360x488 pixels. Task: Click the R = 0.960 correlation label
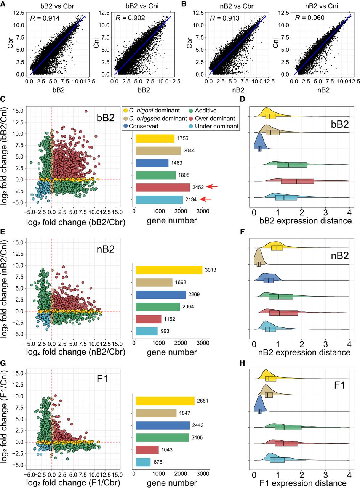pos(310,18)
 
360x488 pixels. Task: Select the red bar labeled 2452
pos(163,188)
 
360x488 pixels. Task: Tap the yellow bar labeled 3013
pos(169,270)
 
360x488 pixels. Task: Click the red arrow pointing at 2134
pos(205,199)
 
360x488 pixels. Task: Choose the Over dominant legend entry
pos(212,119)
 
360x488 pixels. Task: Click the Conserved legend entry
pos(141,126)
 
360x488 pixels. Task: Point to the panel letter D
pos(242,99)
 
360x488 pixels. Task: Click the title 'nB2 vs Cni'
pos(322,6)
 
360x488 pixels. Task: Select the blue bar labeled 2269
pos(161,295)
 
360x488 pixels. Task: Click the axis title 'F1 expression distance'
pos(303,483)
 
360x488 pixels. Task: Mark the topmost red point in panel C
pos(86,111)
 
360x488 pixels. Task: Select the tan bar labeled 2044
pos(158,151)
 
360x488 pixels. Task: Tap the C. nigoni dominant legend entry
pos(152,110)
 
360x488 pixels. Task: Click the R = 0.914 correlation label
pos(45,18)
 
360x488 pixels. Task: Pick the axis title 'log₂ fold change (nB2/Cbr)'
pos(76,352)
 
